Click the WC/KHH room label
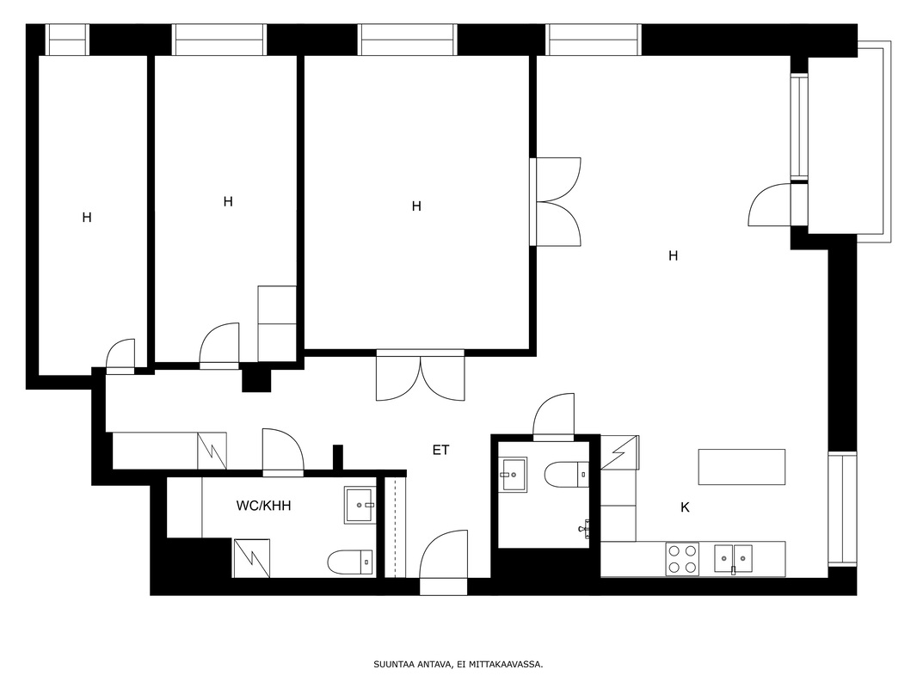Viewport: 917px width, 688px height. [263, 506]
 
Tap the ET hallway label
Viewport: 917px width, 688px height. [441, 450]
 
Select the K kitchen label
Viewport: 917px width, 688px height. [685, 507]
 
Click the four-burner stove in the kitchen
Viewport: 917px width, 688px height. [682, 559]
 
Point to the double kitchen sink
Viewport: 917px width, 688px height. [734, 559]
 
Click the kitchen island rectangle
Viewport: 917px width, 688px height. [742, 466]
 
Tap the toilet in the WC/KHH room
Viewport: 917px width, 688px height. [350, 563]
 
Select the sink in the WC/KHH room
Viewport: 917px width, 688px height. [360, 505]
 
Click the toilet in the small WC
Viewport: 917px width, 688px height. [567, 474]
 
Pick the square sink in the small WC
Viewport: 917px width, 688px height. [513, 474]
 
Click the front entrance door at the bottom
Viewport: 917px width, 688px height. [444, 562]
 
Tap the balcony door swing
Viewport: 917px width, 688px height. [770, 205]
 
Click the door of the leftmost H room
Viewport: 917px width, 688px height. [120, 356]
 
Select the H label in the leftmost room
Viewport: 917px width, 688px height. [87, 218]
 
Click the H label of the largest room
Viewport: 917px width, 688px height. [674, 255]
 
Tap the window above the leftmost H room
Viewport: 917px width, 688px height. [67, 40]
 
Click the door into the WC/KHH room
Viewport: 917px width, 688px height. [283, 452]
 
